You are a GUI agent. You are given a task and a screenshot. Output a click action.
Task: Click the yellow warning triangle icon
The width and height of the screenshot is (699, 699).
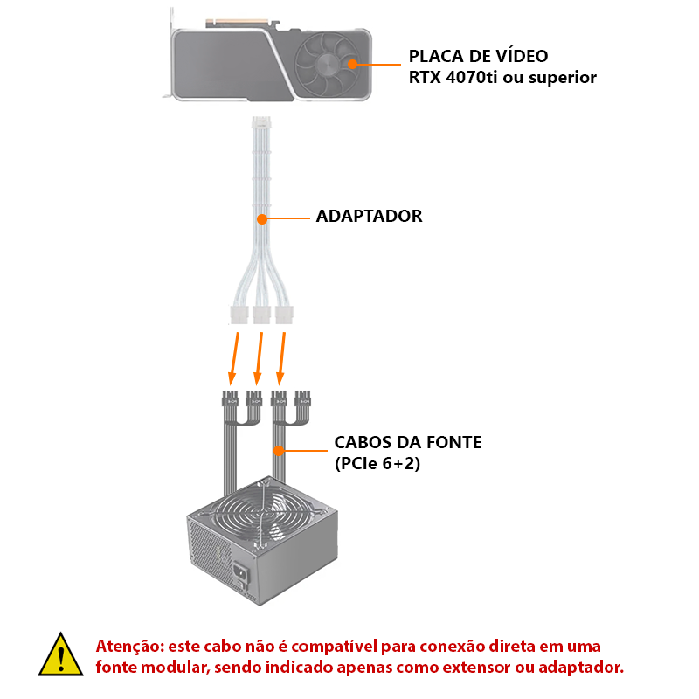(60, 655)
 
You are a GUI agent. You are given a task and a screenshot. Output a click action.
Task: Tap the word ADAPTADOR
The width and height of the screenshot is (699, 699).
(369, 216)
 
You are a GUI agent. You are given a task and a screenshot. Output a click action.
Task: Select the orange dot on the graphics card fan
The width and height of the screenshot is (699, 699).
(353, 64)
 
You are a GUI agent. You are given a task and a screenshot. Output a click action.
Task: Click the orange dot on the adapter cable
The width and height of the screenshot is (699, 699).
(262, 219)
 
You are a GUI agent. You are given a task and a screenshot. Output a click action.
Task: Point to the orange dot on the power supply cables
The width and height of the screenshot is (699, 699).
(279, 451)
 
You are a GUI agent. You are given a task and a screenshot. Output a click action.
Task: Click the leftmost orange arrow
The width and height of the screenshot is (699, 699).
(234, 358)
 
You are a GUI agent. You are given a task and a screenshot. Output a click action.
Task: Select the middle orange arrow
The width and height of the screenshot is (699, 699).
(259, 358)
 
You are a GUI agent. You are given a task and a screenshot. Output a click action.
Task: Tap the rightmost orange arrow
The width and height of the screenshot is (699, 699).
(281, 358)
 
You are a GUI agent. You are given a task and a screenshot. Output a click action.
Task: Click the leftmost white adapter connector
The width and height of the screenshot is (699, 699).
(239, 315)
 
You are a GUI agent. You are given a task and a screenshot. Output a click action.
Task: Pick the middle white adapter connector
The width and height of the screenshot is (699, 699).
(261, 315)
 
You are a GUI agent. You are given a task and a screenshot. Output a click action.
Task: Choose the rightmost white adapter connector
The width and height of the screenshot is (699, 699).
(284, 315)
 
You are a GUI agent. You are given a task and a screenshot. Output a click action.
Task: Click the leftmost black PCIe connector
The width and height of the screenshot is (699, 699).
(230, 398)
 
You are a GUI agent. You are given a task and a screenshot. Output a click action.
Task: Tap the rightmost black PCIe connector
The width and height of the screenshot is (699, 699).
(302, 398)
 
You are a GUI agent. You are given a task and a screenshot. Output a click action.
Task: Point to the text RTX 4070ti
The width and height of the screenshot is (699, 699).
(453, 78)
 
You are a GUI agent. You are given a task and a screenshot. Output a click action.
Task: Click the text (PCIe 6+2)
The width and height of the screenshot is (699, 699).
(377, 464)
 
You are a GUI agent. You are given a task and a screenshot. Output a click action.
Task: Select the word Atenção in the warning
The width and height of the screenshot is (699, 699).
(130, 646)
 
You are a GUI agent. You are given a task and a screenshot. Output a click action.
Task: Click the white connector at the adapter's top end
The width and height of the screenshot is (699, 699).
(261, 122)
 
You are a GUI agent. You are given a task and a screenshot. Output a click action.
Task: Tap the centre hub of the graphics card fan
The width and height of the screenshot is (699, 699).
(329, 65)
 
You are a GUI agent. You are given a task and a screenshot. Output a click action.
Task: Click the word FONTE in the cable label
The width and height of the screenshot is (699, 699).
(453, 443)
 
